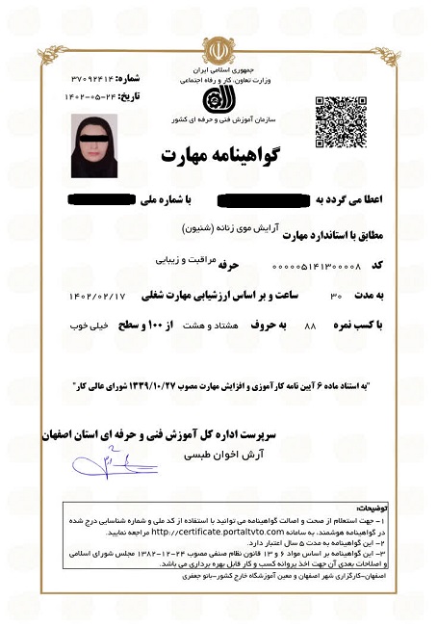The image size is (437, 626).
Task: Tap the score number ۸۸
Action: pyautogui.click(x=310, y=326)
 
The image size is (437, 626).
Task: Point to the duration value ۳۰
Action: pyautogui.click(x=336, y=294)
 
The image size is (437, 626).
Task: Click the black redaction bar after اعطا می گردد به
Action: pyautogui.click(x=262, y=200)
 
